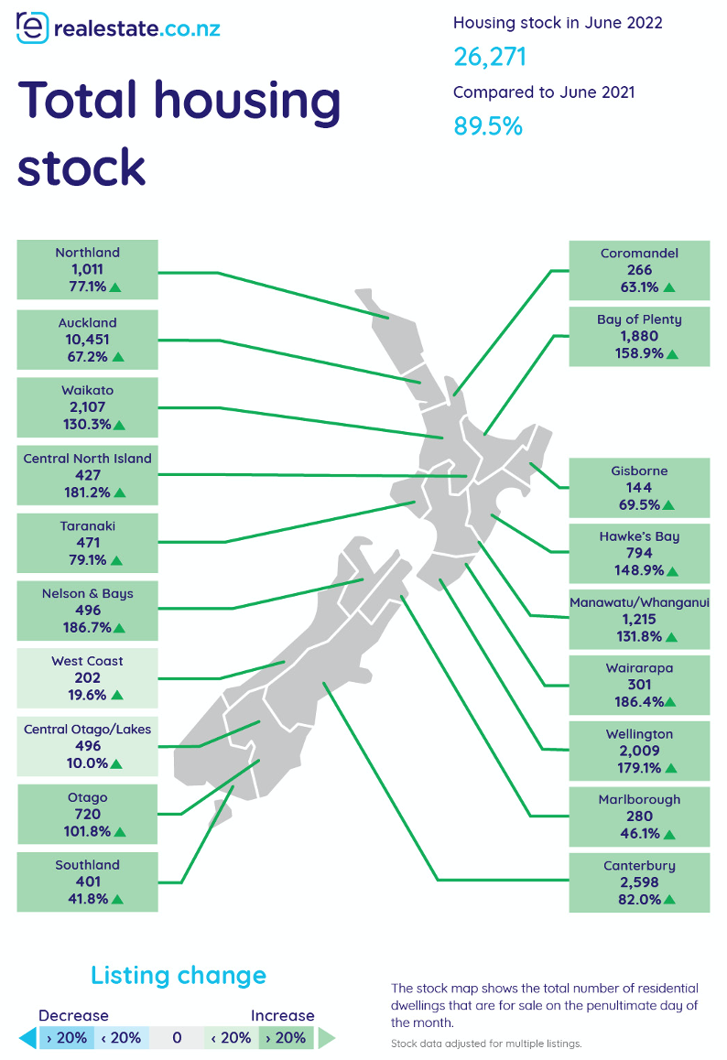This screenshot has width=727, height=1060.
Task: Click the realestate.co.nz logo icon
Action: point(32,27)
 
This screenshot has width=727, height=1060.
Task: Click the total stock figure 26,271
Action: point(490,57)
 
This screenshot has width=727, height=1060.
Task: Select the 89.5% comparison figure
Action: point(488,126)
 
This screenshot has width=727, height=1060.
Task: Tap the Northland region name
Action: point(87,252)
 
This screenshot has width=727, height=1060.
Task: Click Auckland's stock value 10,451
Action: point(87,340)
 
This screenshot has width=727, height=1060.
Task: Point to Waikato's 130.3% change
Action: point(87,425)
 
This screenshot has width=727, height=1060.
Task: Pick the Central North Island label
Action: point(87,459)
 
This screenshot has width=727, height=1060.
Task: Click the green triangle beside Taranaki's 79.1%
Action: point(116,560)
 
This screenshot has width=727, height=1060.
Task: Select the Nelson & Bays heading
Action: point(87,593)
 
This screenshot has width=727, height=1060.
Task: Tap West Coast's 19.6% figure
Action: point(87,695)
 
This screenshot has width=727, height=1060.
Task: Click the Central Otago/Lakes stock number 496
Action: point(88,746)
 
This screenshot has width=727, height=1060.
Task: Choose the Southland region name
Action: point(87,865)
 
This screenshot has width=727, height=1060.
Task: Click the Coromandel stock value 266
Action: point(639,270)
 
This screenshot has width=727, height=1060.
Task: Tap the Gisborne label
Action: point(639,471)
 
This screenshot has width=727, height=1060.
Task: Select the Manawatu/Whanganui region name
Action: point(639,602)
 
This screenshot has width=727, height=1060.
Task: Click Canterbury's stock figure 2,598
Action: point(639,882)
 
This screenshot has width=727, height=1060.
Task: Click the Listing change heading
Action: point(179,976)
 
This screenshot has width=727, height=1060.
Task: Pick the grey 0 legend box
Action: point(177,1038)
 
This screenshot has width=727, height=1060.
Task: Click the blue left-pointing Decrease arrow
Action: point(28,1038)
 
